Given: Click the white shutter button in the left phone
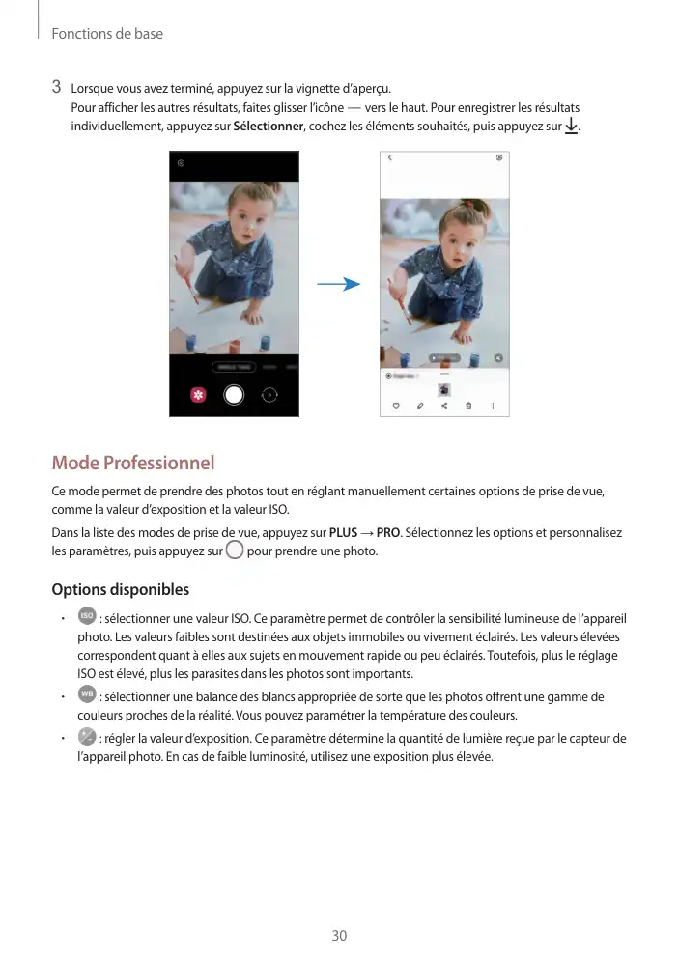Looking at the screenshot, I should tap(234, 394).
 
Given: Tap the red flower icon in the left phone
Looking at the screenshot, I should tap(198, 395).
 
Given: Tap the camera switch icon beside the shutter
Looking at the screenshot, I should tap(269, 394).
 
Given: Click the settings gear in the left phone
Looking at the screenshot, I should tap(181, 163).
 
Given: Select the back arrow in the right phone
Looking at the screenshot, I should tap(390, 157).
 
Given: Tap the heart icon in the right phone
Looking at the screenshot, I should tap(395, 406).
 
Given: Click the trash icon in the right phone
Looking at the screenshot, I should tap(468, 406).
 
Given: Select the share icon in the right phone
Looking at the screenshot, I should tap(444, 406).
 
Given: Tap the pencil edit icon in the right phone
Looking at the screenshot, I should tap(420, 406).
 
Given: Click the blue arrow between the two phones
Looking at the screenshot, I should tap(338, 284).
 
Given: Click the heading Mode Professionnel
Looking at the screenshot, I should tap(132, 464).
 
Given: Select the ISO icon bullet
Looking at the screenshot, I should tap(86, 616).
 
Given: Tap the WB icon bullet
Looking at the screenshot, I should tap(86, 695).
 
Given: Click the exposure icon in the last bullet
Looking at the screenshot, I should tap(86, 738).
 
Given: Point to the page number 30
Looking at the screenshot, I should tap(339, 935).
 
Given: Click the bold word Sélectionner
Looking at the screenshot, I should tap(269, 127).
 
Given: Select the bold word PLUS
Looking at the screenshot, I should tap(344, 533).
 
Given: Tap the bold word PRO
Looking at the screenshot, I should tap(388, 533).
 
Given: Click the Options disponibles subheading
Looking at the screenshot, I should tap(120, 589).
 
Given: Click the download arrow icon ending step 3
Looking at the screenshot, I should tap(571, 127).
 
